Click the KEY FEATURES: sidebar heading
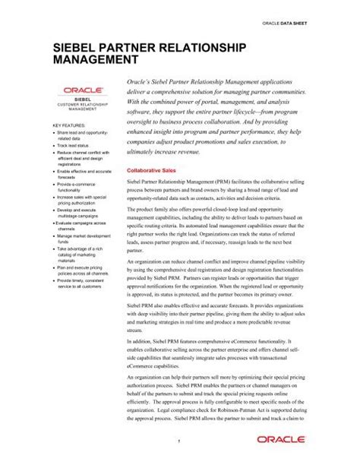tap(68, 124)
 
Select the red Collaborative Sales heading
tap(153, 171)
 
